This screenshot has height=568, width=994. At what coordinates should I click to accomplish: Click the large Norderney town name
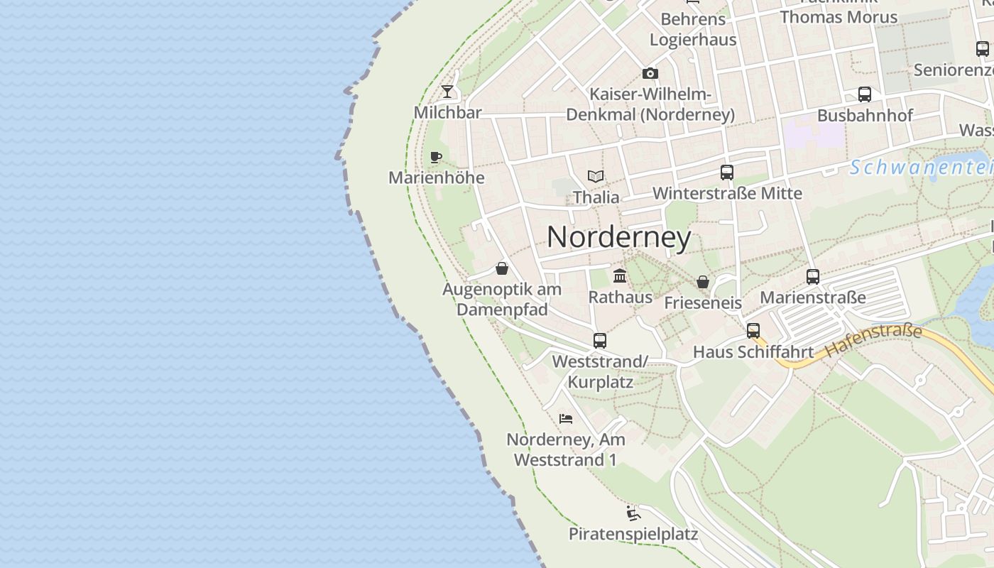tap(618, 237)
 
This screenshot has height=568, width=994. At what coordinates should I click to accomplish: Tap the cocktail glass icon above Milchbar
tap(447, 91)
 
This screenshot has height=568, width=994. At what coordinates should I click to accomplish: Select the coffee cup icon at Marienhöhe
tap(436, 157)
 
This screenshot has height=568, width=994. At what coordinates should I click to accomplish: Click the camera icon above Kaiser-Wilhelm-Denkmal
tap(650, 73)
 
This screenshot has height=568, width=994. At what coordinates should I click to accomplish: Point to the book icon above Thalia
tap(596, 176)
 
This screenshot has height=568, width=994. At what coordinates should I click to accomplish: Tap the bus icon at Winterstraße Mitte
tap(726, 172)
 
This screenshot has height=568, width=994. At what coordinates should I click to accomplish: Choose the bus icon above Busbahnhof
tap(864, 94)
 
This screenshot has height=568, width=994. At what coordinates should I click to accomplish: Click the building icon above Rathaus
tap(620, 275)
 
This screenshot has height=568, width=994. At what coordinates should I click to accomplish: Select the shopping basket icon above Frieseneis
tap(703, 282)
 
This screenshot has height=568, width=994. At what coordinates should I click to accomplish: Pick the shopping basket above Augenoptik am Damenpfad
tap(502, 268)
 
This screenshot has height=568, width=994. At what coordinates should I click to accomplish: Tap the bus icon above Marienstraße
tap(813, 276)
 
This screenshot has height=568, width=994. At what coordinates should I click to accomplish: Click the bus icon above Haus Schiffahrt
tap(753, 330)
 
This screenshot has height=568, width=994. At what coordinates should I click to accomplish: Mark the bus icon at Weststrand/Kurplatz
tap(600, 340)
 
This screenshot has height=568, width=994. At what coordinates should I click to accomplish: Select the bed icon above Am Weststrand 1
tap(566, 418)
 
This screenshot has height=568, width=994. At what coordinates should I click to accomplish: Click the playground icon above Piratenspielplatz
tap(633, 513)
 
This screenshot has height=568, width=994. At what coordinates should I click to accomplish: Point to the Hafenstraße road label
tap(873, 340)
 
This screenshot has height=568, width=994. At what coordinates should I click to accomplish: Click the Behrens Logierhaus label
tap(693, 29)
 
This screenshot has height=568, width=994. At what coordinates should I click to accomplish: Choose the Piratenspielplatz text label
tap(633, 535)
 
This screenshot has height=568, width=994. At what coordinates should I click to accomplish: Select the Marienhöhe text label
tap(436, 177)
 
